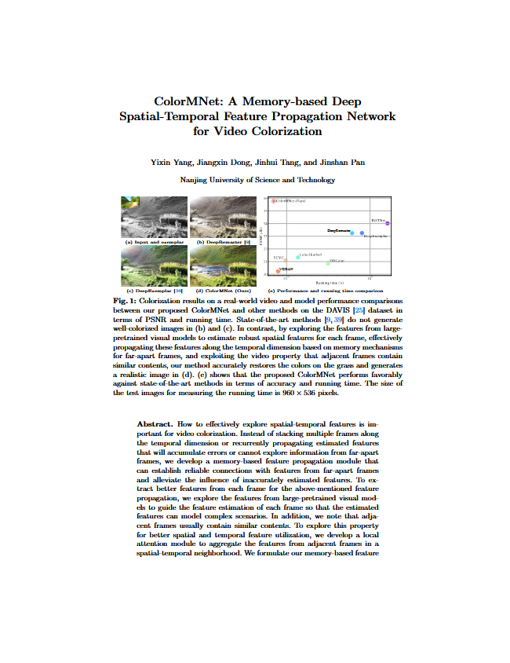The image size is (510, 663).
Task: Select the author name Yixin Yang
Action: coord(171,162)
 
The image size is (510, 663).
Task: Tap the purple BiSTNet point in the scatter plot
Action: coord(387,224)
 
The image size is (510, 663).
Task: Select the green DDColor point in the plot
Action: coord(328,263)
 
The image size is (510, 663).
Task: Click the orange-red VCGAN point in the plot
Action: coord(279,271)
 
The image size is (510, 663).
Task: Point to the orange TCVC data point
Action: coord(285,259)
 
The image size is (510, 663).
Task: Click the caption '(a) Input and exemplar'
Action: coord(152,243)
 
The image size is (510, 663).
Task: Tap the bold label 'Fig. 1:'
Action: coord(126,301)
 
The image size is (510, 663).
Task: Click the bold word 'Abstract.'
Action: coord(155,423)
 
